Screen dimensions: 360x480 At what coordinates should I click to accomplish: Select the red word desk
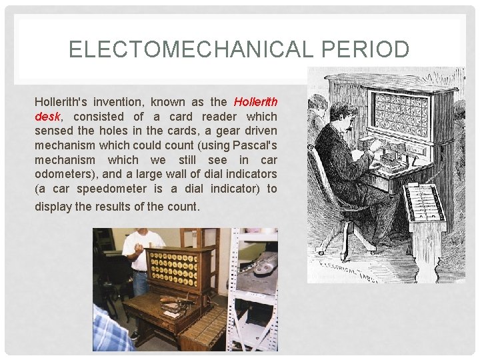[47, 116]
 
